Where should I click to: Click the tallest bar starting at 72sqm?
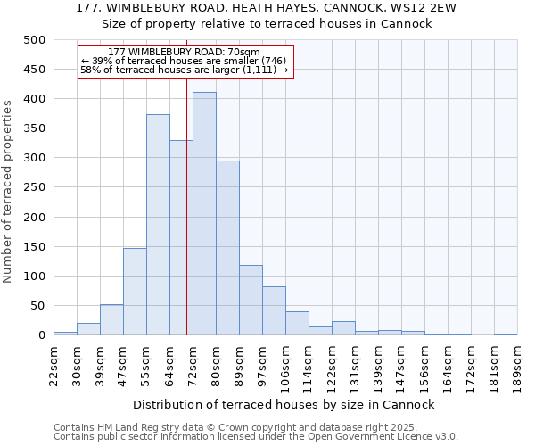click(x=204, y=214)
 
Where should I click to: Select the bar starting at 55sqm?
click(x=158, y=225)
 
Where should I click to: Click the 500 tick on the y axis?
click(x=35, y=40)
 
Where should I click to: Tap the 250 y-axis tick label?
click(x=35, y=187)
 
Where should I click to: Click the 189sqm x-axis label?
click(x=517, y=363)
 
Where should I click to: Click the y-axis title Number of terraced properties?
click(x=8, y=191)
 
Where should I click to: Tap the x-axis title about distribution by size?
click(x=284, y=405)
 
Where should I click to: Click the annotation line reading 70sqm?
click(x=183, y=52)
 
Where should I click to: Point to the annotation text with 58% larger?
click(x=184, y=70)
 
